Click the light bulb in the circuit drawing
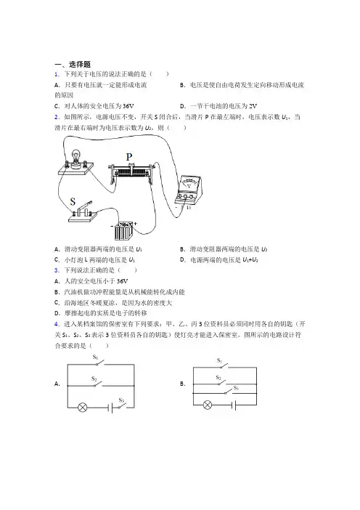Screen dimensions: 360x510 pos(76,158)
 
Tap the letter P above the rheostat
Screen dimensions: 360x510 pos(129,157)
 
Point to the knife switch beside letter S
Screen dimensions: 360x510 pos(83,212)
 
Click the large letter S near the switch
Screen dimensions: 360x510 pos(73,202)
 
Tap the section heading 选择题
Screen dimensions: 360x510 pos(80,65)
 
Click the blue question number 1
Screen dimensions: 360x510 pos(57,74)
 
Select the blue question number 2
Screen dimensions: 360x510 pos(57,117)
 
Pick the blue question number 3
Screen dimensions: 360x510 pos(57,270)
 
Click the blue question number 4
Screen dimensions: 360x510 pos(57,324)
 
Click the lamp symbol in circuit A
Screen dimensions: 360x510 pos(82,408)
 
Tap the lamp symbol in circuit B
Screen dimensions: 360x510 pos(208,405)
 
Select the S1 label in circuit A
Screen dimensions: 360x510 pos(95,357)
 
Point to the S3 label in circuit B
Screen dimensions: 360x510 pos(236,388)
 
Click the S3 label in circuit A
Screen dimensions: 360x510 pos(121,400)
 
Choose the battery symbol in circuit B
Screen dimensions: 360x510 pos(234,405)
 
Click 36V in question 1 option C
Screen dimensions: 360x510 pos(128,106)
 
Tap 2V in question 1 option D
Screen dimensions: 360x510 pos(253,106)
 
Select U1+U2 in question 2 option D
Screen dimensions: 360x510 pos(250,260)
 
